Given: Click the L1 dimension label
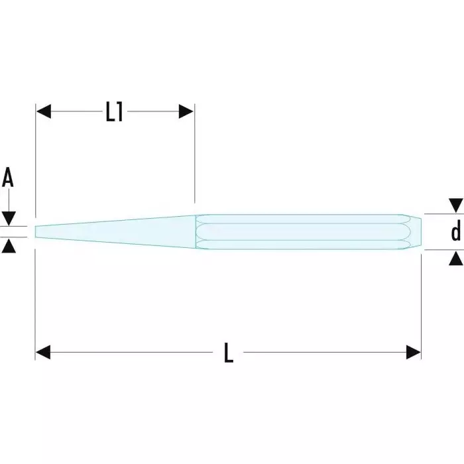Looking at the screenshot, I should [115, 112].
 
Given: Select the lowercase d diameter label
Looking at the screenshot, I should [455, 232].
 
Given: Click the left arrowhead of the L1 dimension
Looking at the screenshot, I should [44, 112].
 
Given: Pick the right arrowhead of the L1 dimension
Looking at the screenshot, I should [186, 112].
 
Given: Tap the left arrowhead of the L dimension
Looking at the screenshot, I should [44, 353].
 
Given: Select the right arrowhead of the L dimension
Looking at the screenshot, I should [413, 353].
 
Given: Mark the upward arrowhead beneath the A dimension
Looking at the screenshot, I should [9, 246].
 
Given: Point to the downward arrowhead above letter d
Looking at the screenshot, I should [455, 205].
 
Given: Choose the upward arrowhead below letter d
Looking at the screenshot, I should [455, 259].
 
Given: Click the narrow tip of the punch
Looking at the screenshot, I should [38, 231].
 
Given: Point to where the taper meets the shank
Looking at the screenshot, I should [196, 232].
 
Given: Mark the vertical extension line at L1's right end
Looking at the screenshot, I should [194, 159].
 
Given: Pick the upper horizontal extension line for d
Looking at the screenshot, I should [441, 214].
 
